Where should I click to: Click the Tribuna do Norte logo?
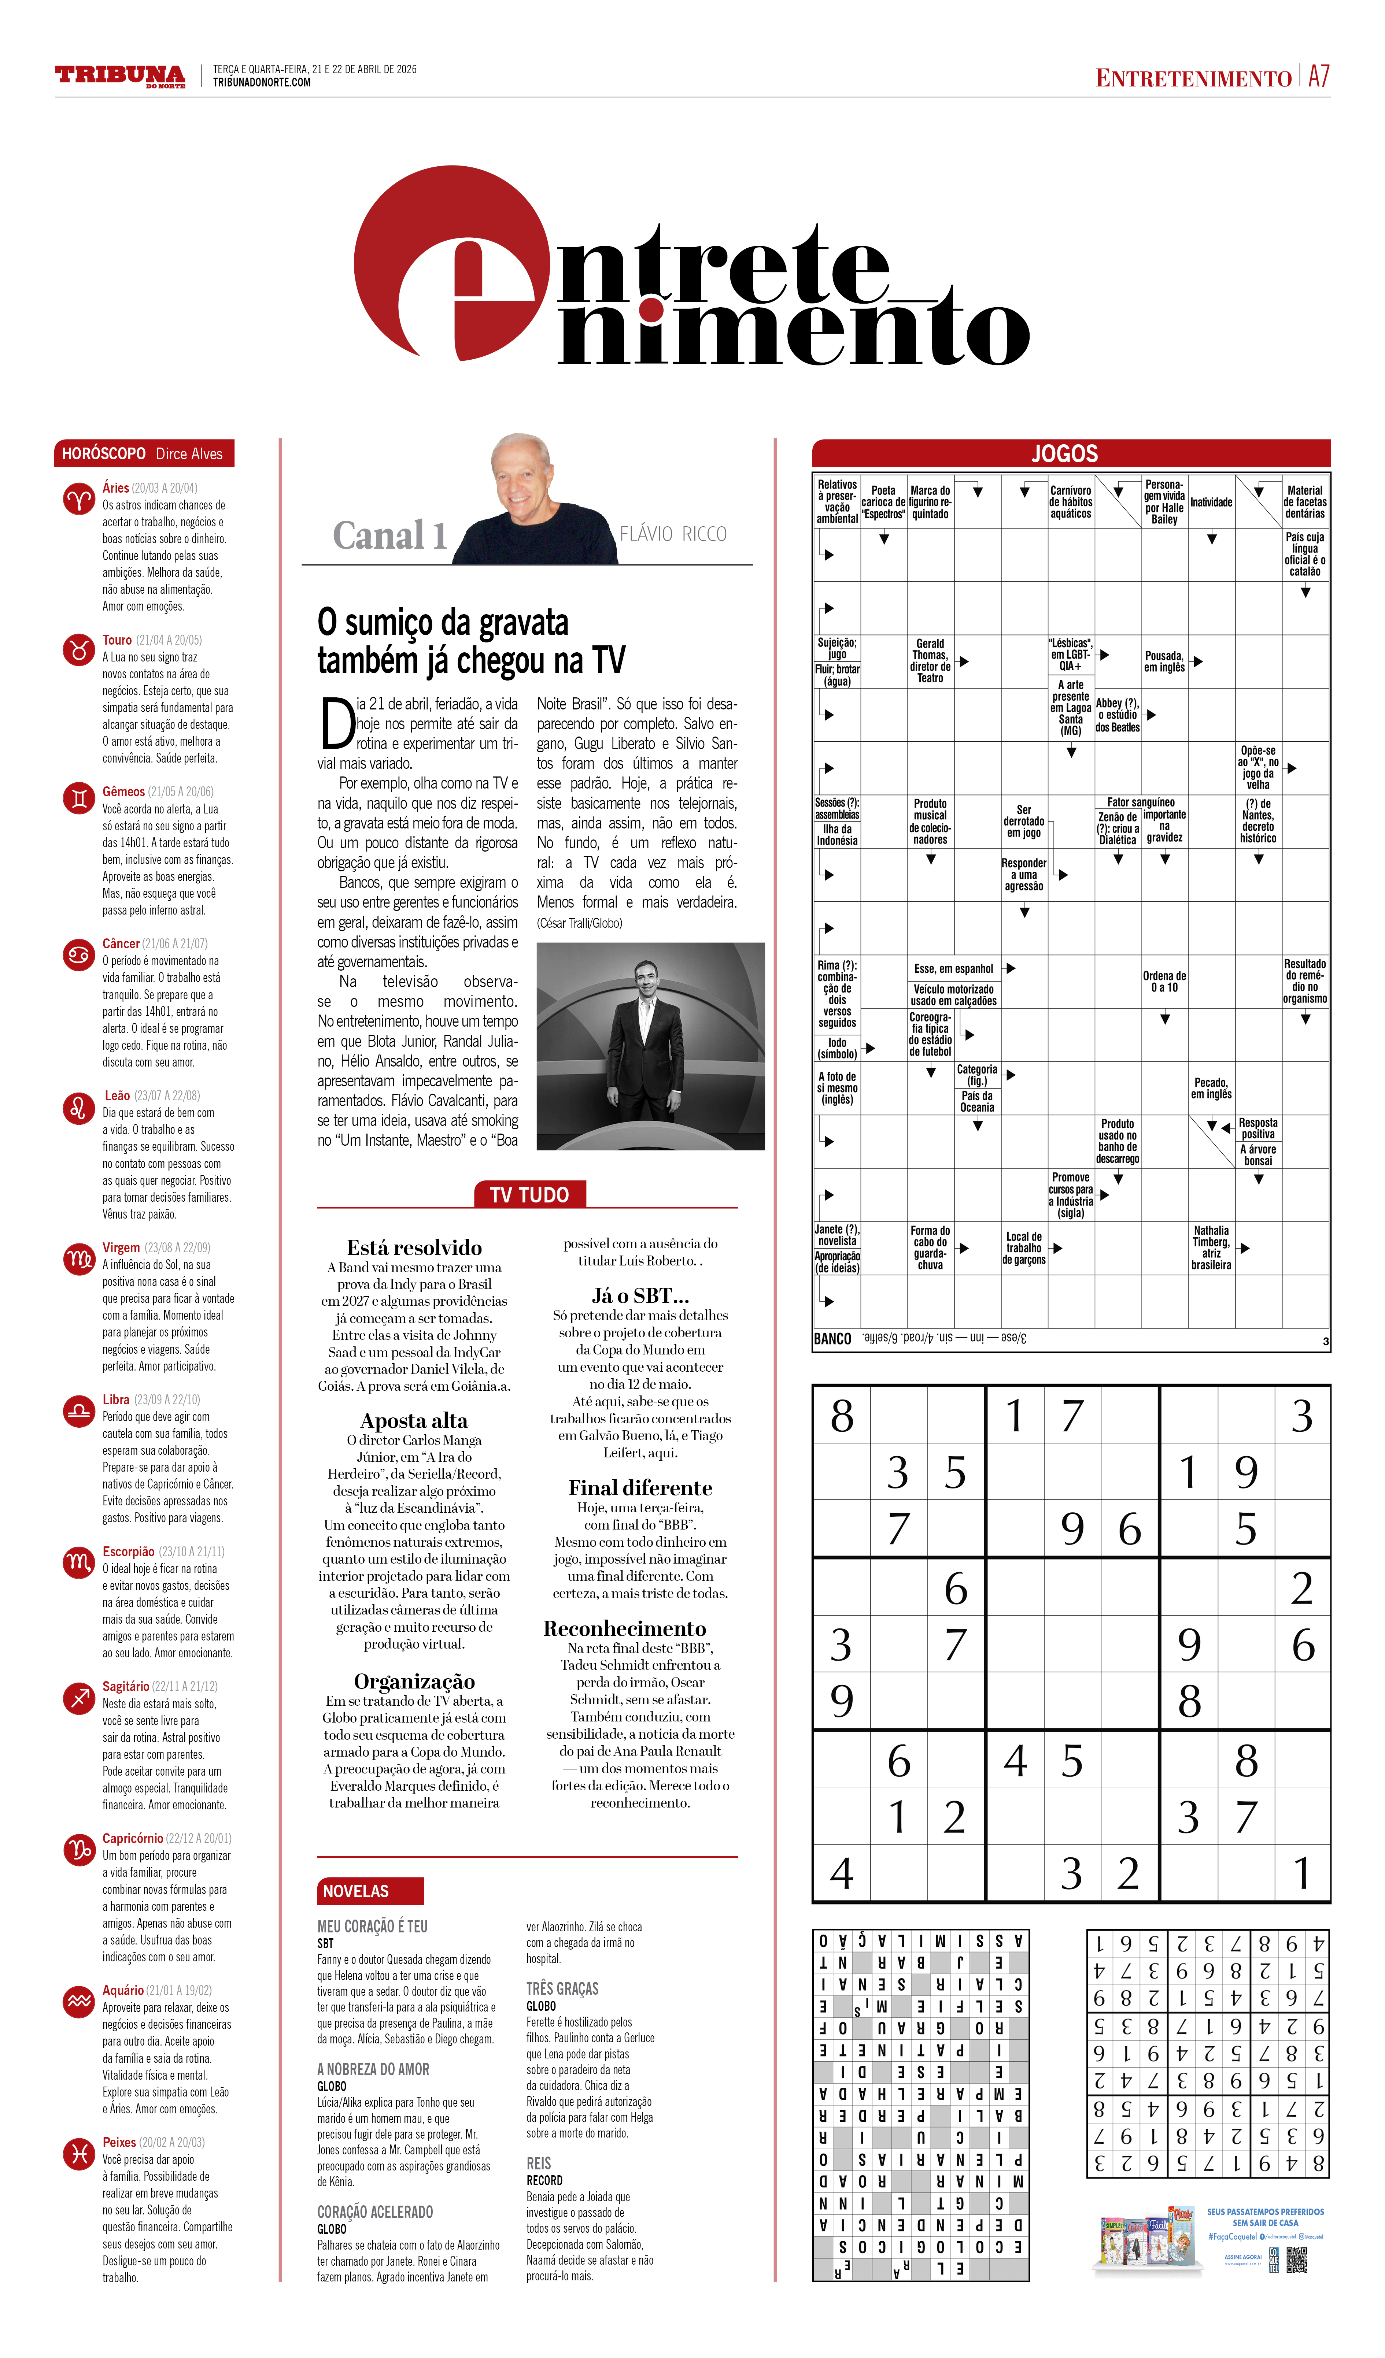coord(120,76)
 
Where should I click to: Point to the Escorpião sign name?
coord(128,1551)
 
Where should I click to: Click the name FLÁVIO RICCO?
coord(673,534)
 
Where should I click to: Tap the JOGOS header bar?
coord(1071,454)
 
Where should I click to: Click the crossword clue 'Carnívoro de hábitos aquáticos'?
coord(1071,503)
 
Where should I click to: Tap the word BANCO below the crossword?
coord(832,1339)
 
